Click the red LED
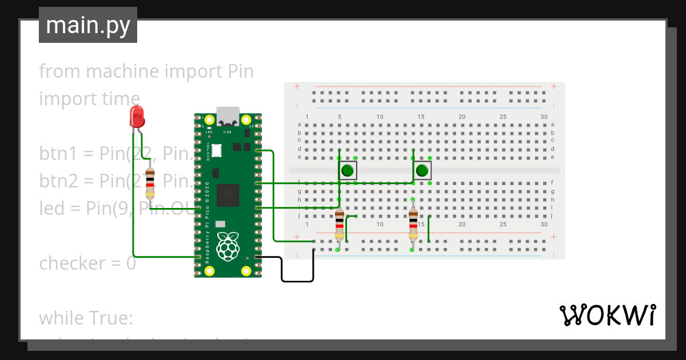137,117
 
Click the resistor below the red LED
150,183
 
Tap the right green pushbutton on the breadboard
422,170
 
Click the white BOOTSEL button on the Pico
217,150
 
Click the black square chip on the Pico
228,194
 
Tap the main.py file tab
88,26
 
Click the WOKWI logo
607,315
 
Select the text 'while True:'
86,317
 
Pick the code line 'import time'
89,98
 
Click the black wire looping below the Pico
297,281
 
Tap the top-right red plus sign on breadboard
553,86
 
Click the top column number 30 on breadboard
544,117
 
